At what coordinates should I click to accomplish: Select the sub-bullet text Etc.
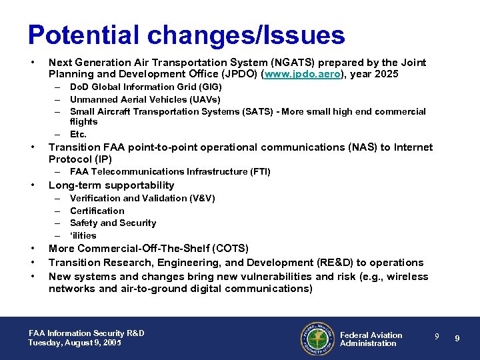click(79, 134)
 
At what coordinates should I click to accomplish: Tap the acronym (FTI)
click(257, 171)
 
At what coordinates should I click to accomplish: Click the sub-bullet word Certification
click(97, 211)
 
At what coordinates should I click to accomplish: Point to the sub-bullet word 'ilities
click(83, 235)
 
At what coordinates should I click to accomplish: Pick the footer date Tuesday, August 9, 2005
click(75, 343)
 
